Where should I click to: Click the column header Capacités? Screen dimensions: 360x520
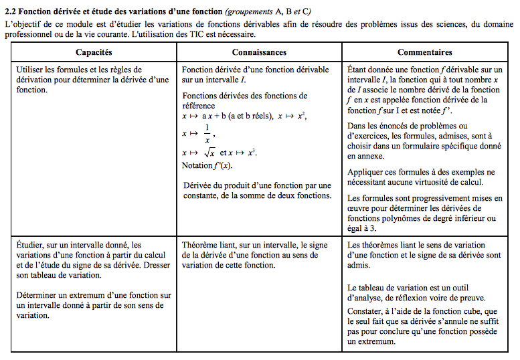[x=94, y=52]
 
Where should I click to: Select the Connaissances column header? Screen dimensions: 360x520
[x=259, y=52]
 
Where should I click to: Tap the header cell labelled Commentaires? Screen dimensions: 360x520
[x=424, y=52]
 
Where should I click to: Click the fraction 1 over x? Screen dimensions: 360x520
[x=207, y=134]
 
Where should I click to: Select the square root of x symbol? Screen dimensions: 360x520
[x=207, y=153]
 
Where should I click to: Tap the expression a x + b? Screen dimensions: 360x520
[x=214, y=115]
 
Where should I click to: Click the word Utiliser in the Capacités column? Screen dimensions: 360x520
[x=31, y=70]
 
